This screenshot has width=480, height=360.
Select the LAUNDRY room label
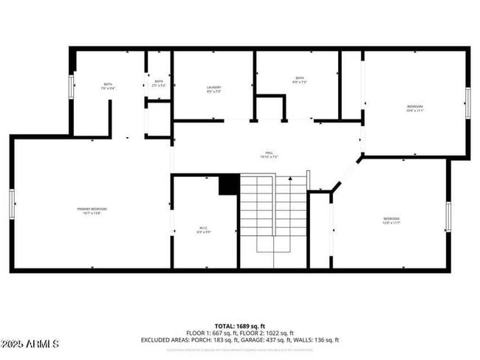point(214,90)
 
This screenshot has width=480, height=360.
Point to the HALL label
point(268,156)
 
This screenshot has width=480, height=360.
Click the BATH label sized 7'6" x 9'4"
point(108,86)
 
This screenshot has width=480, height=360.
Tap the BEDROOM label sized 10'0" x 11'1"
point(414,109)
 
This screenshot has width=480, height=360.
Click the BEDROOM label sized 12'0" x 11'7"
point(391,221)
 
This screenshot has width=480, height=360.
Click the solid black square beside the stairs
point(229,184)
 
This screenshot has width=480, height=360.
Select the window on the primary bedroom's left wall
point(12,203)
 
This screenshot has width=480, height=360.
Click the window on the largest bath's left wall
point(72,86)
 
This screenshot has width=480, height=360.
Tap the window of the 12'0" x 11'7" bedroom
point(448,216)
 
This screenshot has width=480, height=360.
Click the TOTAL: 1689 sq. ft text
point(240,325)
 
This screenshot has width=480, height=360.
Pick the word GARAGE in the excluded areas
point(256,340)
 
